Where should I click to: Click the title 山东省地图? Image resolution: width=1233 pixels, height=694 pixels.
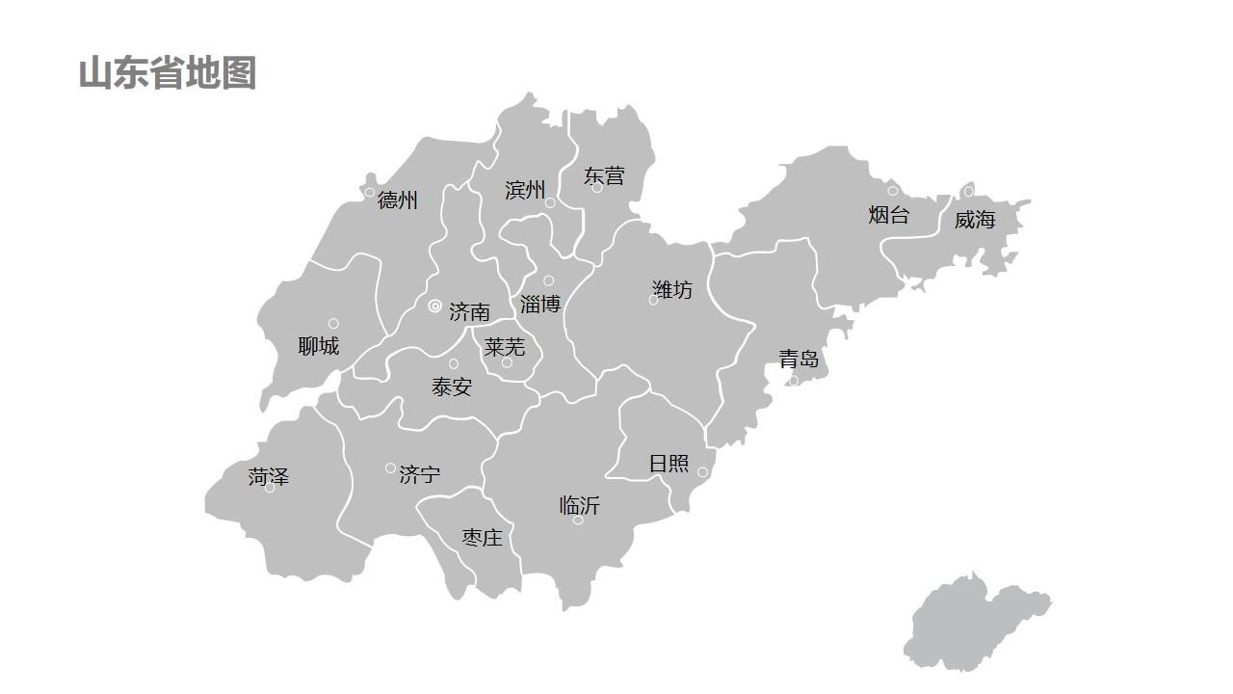point(167,73)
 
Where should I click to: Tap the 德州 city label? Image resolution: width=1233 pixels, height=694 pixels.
point(398,200)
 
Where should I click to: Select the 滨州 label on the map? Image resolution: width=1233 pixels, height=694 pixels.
point(525,190)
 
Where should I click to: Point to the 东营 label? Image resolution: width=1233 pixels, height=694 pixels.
point(604,175)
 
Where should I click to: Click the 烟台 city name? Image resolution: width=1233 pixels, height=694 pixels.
point(888,215)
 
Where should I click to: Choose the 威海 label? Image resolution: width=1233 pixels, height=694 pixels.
point(975,220)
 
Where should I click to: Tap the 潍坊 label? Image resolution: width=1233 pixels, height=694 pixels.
point(672,289)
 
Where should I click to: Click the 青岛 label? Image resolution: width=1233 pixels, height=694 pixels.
point(799,360)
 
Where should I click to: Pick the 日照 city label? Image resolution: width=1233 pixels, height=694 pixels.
point(669,464)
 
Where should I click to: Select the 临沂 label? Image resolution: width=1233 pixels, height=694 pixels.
point(579,505)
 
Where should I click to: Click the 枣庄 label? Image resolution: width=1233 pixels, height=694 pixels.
point(482,538)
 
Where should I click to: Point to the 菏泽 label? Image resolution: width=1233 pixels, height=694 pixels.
point(268,476)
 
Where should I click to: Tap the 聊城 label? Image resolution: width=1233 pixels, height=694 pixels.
point(318,346)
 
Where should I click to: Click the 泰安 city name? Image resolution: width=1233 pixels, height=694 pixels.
point(452,387)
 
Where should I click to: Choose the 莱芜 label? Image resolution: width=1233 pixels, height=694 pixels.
point(505,346)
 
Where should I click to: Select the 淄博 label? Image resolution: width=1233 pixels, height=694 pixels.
point(539,305)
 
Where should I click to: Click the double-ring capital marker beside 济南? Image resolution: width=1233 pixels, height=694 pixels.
point(435,307)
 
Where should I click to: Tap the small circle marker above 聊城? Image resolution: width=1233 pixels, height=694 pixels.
point(333,324)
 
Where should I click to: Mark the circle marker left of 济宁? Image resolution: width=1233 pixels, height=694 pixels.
point(390,468)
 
